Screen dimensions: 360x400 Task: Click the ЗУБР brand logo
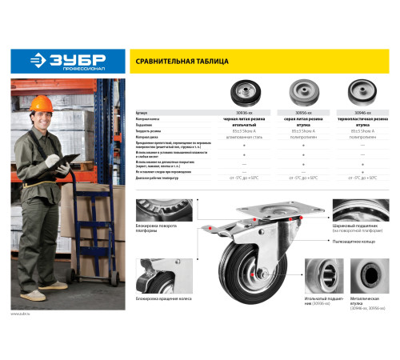coord(68,61)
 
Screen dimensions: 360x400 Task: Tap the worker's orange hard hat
coord(60,106)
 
